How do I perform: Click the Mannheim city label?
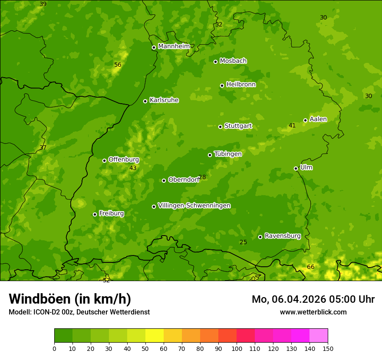coord(174,46)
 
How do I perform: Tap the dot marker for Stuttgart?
coord(220,127)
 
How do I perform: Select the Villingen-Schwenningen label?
coord(194,206)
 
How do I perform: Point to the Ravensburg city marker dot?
coord(260,237)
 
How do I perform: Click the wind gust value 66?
coord(310,267)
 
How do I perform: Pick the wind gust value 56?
coord(118,65)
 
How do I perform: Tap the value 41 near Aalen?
coord(292,125)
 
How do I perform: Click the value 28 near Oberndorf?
coord(202,177)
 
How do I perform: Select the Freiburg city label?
coord(111,213)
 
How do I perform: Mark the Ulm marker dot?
coord(296,168)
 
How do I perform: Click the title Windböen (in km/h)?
coord(70,299)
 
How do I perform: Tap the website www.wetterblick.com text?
coord(313,312)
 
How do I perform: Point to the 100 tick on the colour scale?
coord(237,348)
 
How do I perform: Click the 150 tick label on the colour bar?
coord(328,348)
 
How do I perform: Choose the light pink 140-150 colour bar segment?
coord(319,335)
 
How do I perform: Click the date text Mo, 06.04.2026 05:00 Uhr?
coord(313,299)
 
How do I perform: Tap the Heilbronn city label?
coord(241,85)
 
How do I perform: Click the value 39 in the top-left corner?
coord(43,4)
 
